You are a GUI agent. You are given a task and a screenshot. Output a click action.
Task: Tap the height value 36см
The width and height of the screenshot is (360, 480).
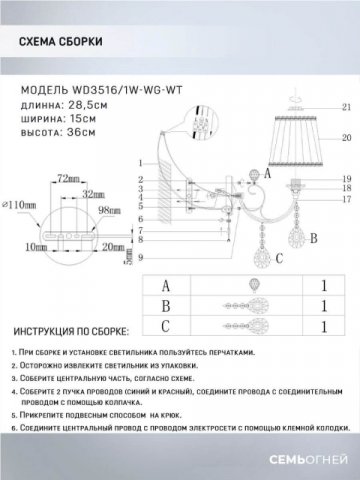point(88,134)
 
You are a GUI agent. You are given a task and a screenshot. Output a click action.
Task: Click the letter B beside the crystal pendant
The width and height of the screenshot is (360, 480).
point(315,237)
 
